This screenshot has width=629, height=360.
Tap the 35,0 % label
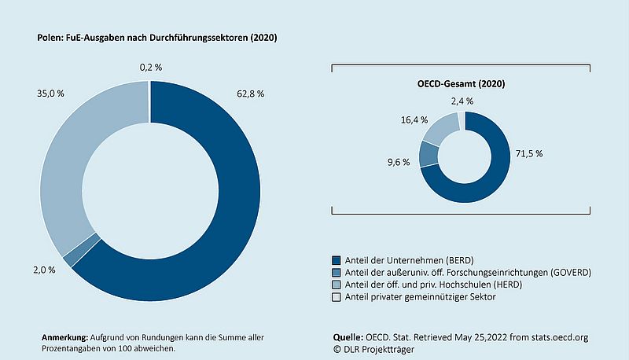click(x=52, y=94)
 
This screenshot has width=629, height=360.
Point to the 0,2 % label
click(x=151, y=68)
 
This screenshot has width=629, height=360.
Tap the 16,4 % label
click(x=414, y=119)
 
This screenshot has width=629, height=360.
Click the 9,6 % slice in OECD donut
click(x=429, y=154)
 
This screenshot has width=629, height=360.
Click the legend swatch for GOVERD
click(x=337, y=272)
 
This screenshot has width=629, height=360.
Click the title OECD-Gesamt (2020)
click(x=460, y=83)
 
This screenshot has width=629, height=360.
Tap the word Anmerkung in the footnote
click(x=64, y=336)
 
